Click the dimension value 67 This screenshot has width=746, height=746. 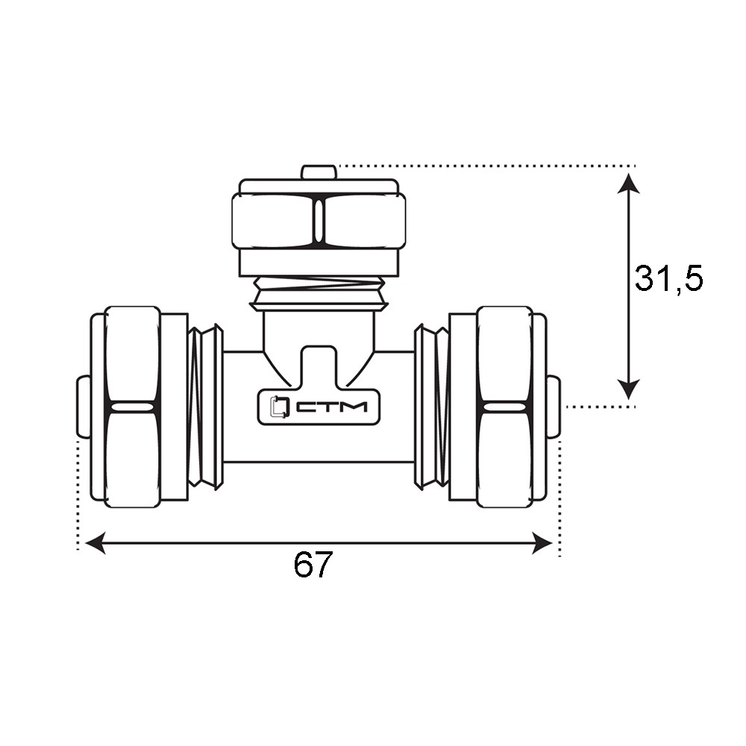313,564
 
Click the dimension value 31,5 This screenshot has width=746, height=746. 668,279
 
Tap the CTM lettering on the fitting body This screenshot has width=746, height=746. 332,407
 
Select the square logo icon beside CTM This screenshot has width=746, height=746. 279,407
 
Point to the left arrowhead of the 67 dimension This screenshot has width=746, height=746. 95,543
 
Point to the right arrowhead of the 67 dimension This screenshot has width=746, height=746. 542,543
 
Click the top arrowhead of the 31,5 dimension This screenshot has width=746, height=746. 628,184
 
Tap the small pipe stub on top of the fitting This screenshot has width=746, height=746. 319,172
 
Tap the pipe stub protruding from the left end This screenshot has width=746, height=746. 84,407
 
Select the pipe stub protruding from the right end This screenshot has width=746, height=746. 554,407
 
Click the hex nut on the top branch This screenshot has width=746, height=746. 319,221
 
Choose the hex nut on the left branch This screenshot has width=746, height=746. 132,407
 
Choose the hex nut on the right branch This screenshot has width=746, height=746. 505,407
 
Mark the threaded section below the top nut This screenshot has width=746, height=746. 319,293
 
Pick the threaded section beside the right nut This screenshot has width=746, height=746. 431,407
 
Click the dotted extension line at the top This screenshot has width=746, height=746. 486,166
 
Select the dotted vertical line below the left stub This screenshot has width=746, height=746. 78,495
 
